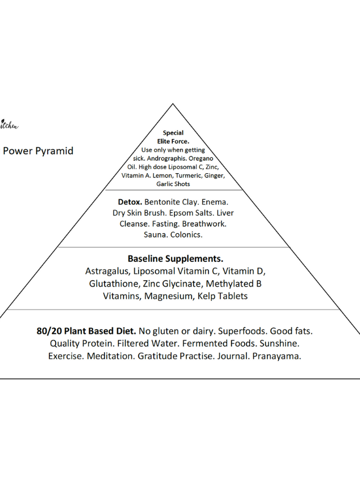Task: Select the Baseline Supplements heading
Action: click(x=175, y=259)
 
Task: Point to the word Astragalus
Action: click(x=108, y=271)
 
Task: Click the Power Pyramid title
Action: click(x=38, y=151)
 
